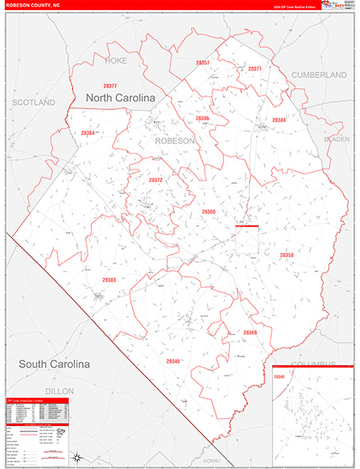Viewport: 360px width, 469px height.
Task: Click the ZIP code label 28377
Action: [109, 86]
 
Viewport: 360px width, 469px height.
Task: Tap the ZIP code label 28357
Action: [203, 62]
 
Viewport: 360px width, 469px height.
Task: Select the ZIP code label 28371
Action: [254, 69]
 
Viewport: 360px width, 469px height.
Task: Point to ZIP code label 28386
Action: [203, 118]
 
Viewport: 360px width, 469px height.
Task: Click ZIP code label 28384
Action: [279, 120]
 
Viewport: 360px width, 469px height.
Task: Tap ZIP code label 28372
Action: [155, 180]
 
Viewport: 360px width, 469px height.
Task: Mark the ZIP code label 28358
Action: [287, 255]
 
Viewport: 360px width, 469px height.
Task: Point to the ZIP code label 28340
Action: [173, 361]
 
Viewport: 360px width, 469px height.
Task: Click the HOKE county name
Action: [115, 59]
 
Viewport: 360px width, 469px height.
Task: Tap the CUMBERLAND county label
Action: [318, 74]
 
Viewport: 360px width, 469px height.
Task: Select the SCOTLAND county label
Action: [34, 102]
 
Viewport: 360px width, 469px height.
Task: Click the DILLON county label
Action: [59, 390]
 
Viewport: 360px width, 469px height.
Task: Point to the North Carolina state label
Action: [120, 98]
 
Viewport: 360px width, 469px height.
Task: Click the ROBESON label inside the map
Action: [175, 141]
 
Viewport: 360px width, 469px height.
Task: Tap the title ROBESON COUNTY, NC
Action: [35, 5]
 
